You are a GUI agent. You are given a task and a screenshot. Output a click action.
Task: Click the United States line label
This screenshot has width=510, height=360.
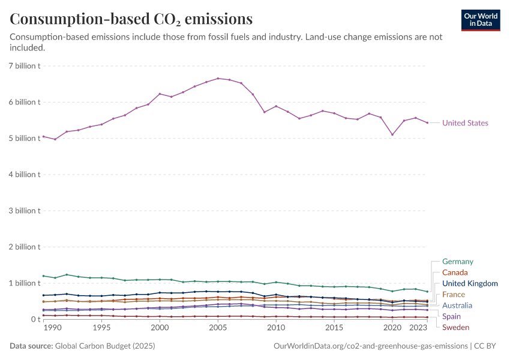coord(465,123)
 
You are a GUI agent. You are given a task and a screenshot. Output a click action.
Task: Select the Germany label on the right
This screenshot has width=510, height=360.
coord(457,262)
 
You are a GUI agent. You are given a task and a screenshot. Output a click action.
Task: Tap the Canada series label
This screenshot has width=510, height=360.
coord(455,272)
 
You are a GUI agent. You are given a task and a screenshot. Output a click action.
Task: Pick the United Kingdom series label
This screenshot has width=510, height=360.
coord(470,283)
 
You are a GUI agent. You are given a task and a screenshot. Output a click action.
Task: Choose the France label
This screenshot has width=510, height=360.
coord(454,295)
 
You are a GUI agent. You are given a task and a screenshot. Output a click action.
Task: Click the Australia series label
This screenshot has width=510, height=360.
coord(457,305)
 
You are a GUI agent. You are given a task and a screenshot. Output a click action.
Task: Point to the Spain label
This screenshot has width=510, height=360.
coord(451,316)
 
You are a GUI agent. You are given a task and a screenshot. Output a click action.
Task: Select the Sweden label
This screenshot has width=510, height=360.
coord(456,327)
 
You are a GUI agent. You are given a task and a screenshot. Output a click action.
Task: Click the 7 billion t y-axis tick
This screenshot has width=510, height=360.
coord(24,65)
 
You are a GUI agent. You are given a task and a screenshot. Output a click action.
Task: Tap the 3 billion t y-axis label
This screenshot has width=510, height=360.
coord(24,211)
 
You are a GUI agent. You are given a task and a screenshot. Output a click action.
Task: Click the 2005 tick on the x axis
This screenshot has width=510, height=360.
coord(218,328)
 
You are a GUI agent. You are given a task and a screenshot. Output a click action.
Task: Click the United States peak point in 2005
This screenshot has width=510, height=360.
coord(218,78)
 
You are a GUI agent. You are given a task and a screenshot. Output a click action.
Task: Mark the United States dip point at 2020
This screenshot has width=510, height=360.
coord(392,134)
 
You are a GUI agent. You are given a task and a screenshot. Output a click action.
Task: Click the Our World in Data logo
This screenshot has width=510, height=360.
coord(481,20)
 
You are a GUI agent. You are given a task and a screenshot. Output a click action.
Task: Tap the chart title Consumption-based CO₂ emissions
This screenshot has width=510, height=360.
coord(131,19)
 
